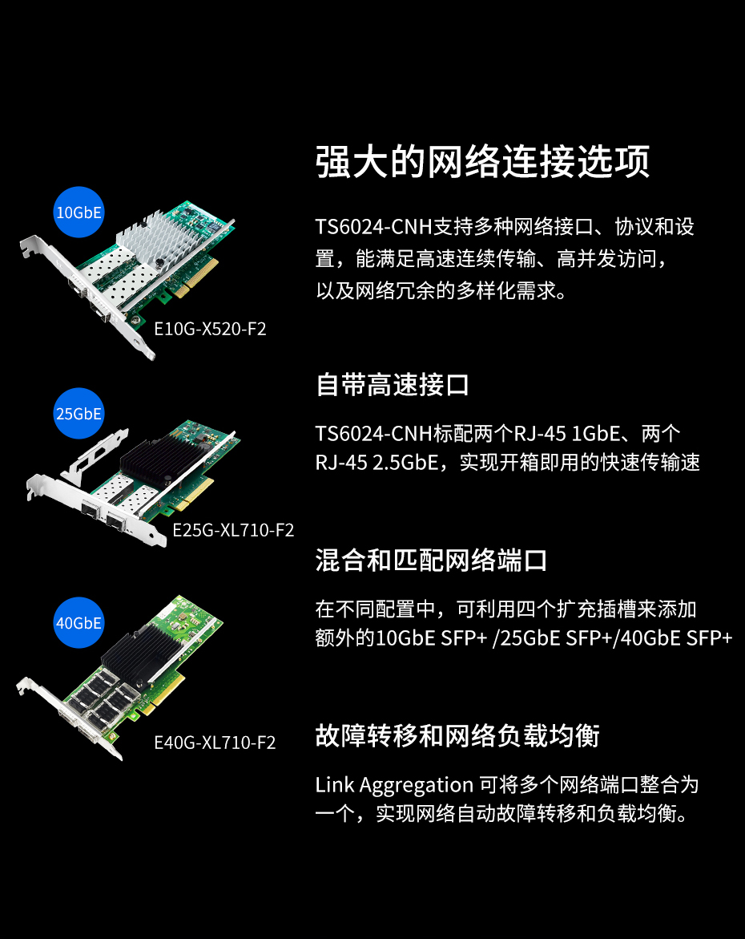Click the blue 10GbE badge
pyautogui.click(x=79, y=212)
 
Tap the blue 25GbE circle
pyautogui.click(x=79, y=413)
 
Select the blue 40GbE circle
pyautogui.click(x=79, y=623)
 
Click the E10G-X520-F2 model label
pyautogui.click(x=210, y=329)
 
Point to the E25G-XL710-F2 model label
pyautogui.click(x=233, y=530)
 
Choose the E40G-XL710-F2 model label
pyautogui.click(x=215, y=743)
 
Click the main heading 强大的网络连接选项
pyautogui.click(x=482, y=161)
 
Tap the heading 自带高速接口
pyautogui.click(x=392, y=384)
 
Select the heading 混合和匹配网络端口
pyautogui.click(x=431, y=561)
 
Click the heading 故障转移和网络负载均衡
pyautogui.click(x=457, y=735)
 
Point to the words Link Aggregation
pyautogui.click(x=394, y=785)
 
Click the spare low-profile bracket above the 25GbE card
pyautogui.click(x=95, y=457)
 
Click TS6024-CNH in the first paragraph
pyautogui.click(x=373, y=227)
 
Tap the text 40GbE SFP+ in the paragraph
pyautogui.click(x=676, y=638)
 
